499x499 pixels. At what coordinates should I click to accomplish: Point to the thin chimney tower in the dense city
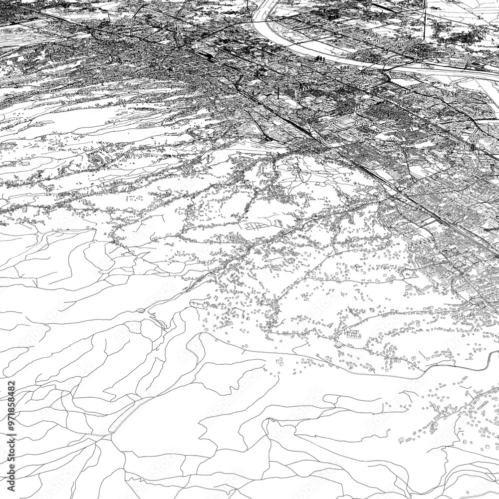pos(277,92)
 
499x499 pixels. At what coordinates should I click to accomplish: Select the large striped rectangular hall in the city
pos(349,122)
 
